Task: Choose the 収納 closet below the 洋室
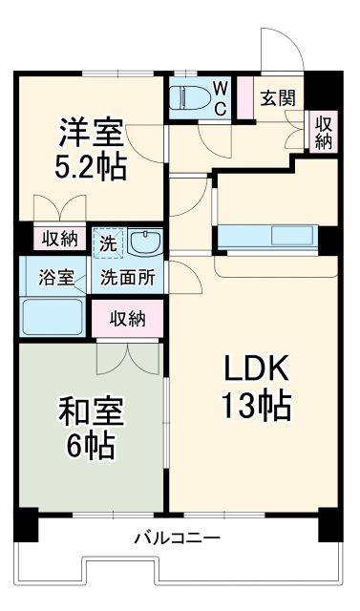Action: (x=58, y=238)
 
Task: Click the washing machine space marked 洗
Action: (x=108, y=242)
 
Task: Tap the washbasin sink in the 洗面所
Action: (x=144, y=243)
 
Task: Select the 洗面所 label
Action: (x=128, y=278)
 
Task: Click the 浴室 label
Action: (x=54, y=278)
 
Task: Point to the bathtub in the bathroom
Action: (x=53, y=314)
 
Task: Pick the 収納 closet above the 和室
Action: (x=127, y=318)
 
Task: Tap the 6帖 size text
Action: (x=90, y=446)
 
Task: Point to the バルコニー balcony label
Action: (x=177, y=537)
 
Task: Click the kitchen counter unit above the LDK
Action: (x=266, y=236)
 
